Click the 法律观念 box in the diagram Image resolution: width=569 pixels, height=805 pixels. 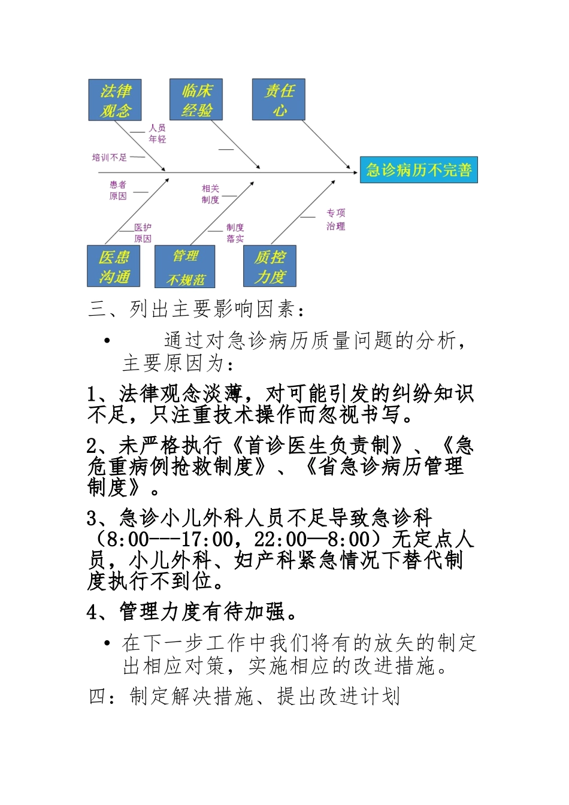(x=115, y=100)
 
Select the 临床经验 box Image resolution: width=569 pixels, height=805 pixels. (x=196, y=100)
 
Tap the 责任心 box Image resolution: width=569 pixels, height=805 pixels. (x=279, y=100)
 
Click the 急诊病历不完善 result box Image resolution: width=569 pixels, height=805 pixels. (x=419, y=170)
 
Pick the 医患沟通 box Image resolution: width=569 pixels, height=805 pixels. (x=114, y=267)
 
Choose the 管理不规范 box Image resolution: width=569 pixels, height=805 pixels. (x=185, y=267)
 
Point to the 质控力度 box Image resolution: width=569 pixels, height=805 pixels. (x=270, y=267)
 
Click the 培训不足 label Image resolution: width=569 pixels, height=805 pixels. (x=110, y=158)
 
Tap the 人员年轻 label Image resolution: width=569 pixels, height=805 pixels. (x=158, y=134)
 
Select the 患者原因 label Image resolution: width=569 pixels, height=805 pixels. (x=118, y=190)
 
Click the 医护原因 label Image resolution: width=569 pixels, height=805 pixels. (x=143, y=233)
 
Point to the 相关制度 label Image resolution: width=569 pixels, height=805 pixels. (x=210, y=194)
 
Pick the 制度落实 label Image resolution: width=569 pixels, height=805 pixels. (x=235, y=233)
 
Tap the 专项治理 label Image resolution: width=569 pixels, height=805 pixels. (x=335, y=219)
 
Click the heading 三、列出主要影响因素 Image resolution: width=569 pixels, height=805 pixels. (x=196, y=309)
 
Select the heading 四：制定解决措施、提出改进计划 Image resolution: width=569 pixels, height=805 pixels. (x=244, y=697)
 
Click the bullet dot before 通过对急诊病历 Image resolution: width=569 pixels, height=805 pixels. (x=107, y=341)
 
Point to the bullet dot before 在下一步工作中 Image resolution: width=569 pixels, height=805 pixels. (x=107, y=643)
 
